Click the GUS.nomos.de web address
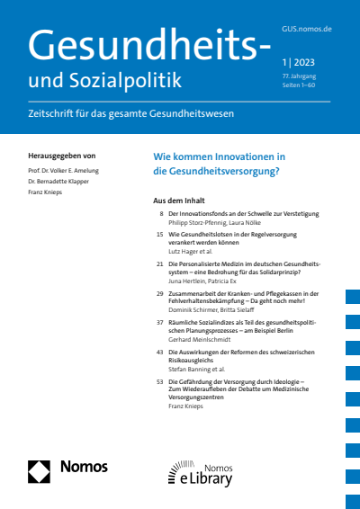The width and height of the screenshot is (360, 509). [307, 29]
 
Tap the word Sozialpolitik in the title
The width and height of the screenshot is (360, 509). [128, 80]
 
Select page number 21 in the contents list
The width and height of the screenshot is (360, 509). [159, 264]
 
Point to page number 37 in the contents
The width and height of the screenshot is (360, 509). [159, 322]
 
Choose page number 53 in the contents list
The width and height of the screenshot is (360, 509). [159, 381]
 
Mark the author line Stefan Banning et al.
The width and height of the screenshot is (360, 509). [194, 370]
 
